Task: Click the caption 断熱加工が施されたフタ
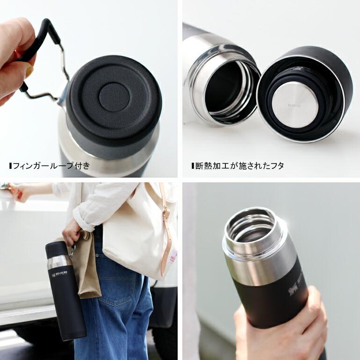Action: (x=239, y=166)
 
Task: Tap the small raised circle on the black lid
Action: (x=114, y=97)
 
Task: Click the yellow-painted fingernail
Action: (x=29, y=71)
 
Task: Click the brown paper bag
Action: (x=86, y=266)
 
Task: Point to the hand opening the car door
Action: (x=19, y=192)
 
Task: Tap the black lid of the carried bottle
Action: (x=56, y=248)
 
